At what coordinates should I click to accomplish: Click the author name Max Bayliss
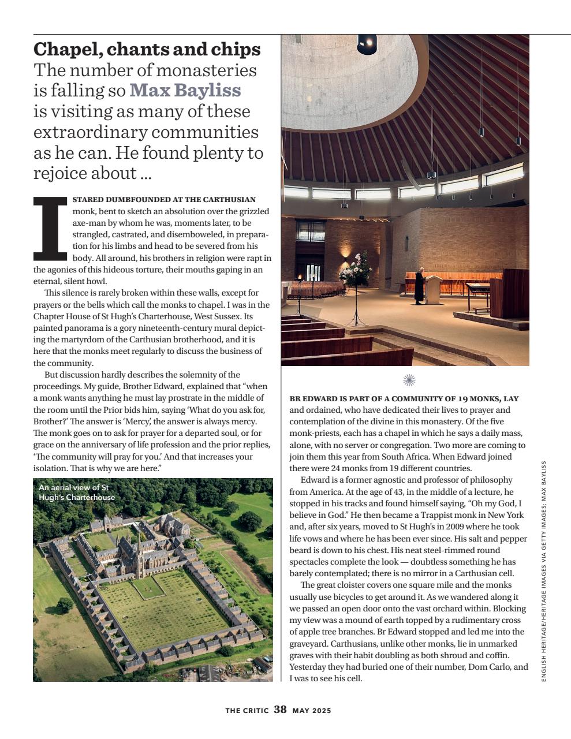[x=185, y=91]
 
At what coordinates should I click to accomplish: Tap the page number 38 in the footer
[x=280, y=710]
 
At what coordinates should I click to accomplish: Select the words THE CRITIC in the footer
[x=247, y=711]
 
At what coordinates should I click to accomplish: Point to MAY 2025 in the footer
[x=312, y=711]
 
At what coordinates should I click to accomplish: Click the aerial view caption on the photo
[x=76, y=492]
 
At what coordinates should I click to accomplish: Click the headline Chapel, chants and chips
[x=147, y=50]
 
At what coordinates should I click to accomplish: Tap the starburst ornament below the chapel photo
[x=409, y=379]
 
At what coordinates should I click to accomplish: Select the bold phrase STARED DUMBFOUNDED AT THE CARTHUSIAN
[x=164, y=200]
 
